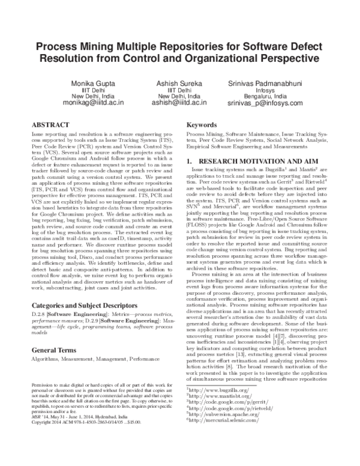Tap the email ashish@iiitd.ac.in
(179, 103)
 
